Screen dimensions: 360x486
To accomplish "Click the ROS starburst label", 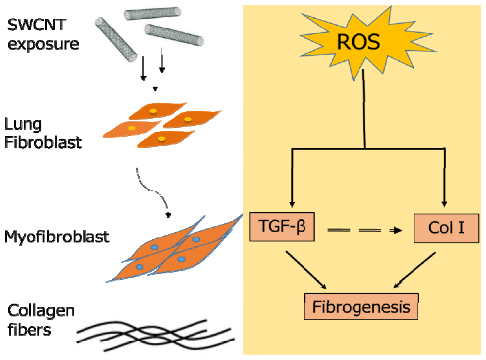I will click(358, 42).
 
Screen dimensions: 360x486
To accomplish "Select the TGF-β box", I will click(282, 227).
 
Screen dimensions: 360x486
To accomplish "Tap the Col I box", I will click(446, 228).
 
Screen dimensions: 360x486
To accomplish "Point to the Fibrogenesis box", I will click(361, 307).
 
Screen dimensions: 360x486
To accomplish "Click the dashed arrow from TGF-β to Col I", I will click(364, 230).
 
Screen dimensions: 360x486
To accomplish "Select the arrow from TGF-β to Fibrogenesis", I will click(306, 269).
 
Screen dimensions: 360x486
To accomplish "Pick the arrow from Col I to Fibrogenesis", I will click(414, 270).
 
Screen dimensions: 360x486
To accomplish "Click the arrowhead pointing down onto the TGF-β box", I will click(292, 204).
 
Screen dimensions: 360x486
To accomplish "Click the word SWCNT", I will click(37, 25).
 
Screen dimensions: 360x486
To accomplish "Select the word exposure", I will click(43, 44).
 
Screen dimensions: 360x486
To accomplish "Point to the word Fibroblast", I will click(43, 142).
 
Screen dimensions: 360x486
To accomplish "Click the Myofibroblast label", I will click(57, 237).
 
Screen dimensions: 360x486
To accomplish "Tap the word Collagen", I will click(41, 311).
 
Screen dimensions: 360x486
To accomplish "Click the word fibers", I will click(29, 330).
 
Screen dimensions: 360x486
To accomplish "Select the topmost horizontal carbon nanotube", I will click(152, 13).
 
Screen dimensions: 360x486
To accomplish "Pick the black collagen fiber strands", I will click(155, 335).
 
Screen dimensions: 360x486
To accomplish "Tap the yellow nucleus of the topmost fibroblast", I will click(153, 111).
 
